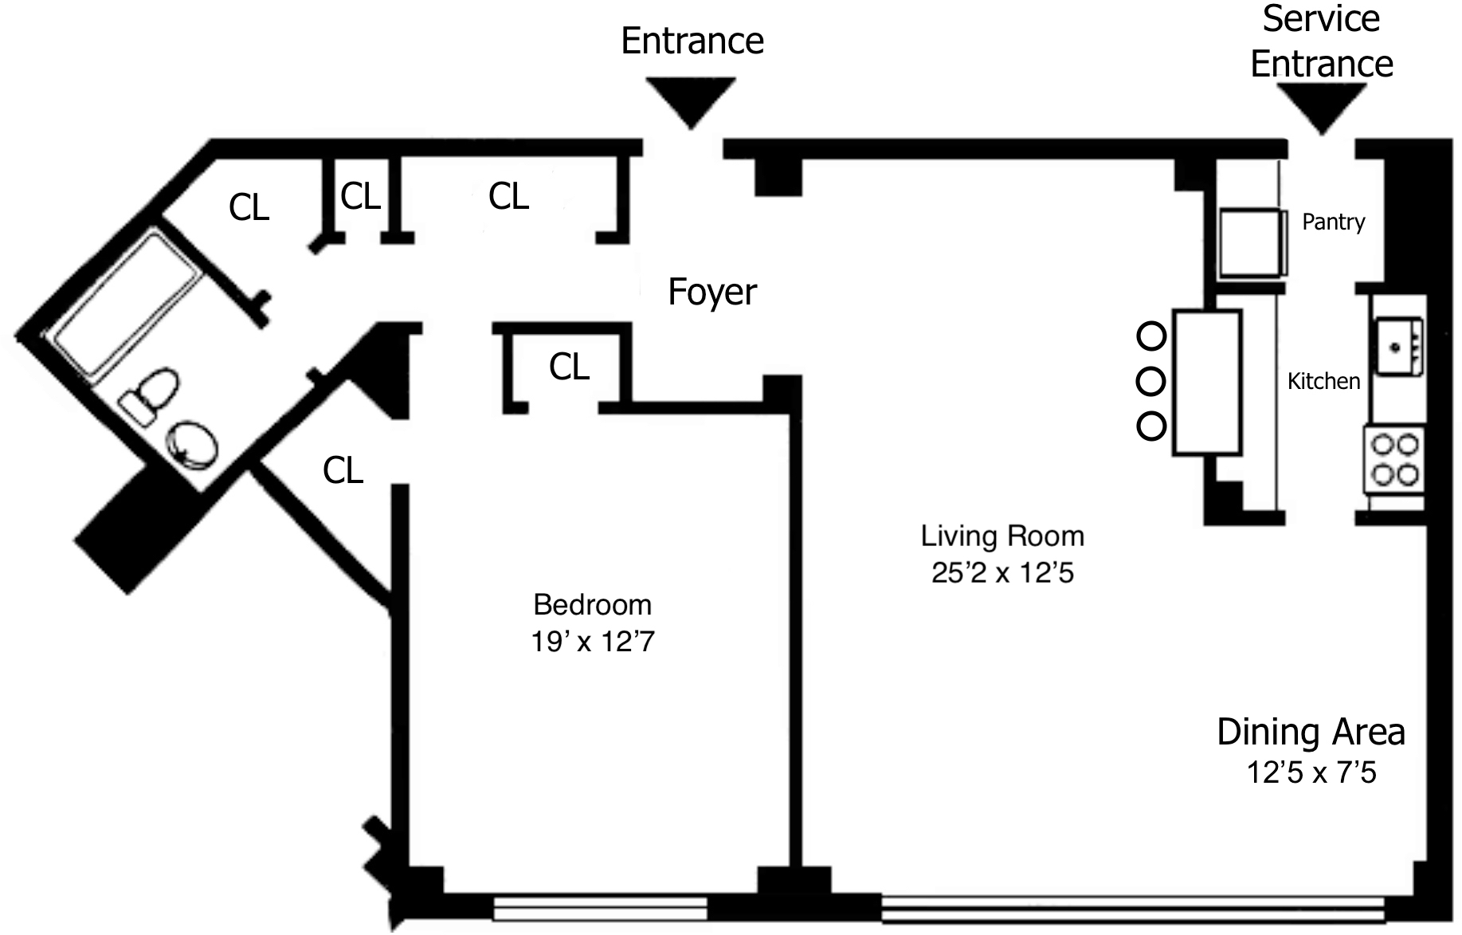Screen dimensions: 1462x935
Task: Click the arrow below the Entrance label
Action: pyautogui.click(x=690, y=100)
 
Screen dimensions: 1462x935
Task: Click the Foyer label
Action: pyautogui.click(x=711, y=292)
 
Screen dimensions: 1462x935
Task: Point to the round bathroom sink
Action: pyautogui.click(x=190, y=444)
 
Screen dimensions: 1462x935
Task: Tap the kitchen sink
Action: pyautogui.click(x=1398, y=346)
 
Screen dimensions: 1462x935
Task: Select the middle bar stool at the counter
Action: pyautogui.click(x=1150, y=382)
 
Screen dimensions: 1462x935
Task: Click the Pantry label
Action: pyautogui.click(x=1333, y=222)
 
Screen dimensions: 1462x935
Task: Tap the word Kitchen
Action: pyautogui.click(x=1323, y=381)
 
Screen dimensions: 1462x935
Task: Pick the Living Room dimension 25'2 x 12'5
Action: pyautogui.click(x=1002, y=572)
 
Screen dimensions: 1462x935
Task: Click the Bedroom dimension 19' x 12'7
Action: pyautogui.click(x=592, y=641)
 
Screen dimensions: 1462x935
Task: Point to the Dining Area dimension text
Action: pyautogui.click(x=1311, y=772)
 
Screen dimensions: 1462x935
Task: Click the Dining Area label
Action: pyautogui.click(x=1311, y=732)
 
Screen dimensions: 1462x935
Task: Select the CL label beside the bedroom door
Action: pyautogui.click(x=343, y=471)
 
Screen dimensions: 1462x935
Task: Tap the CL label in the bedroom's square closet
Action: pyautogui.click(x=569, y=367)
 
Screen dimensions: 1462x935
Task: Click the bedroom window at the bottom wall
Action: pyautogui.click(x=599, y=908)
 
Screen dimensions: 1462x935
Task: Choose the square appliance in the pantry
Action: pyautogui.click(x=1250, y=242)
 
